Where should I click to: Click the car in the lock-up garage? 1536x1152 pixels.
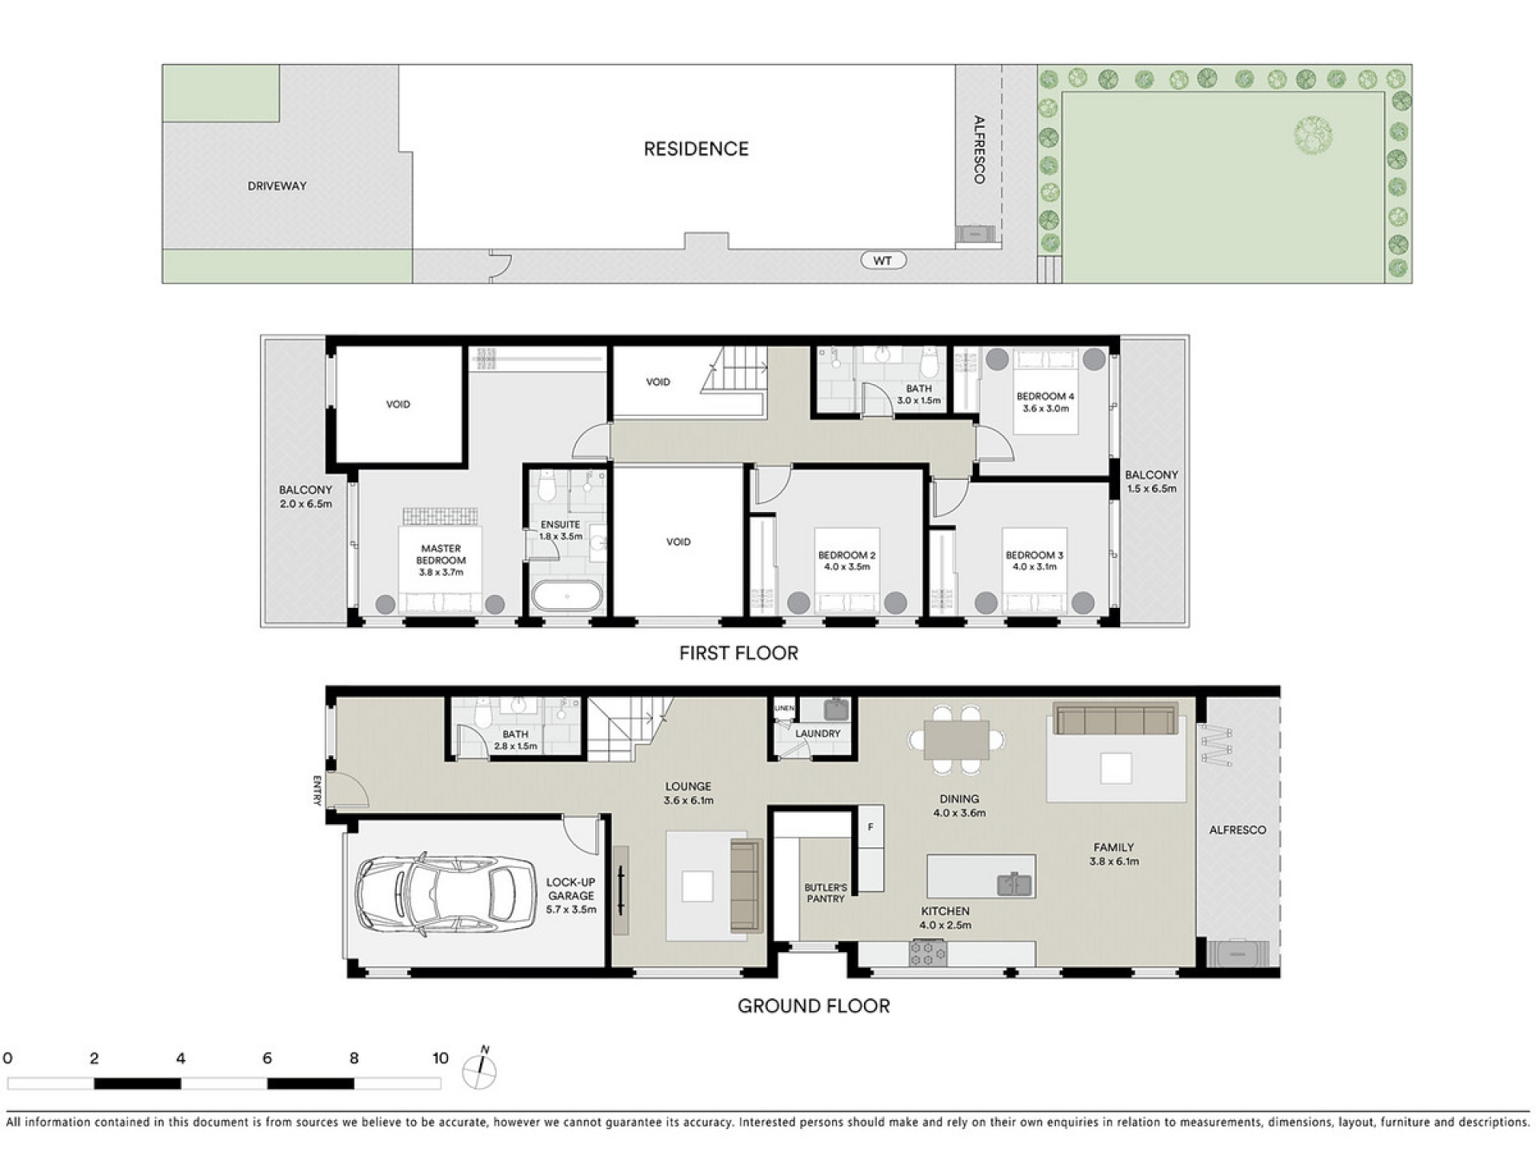click(x=446, y=895)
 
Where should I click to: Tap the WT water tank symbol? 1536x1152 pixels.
click(x=882, y=261)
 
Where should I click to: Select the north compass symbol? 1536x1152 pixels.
click(x=480, y=1070)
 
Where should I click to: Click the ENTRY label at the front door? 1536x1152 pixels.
click(x=318, y=790)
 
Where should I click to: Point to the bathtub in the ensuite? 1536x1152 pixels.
click(x=567, y=596)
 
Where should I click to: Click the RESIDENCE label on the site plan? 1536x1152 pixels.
click(x=696, y=149)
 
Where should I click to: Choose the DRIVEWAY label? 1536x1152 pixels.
click(x=277, y=186)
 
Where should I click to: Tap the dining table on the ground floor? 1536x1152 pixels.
click(x=956, y=740)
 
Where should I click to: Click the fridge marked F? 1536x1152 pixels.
click(x=870, y=828)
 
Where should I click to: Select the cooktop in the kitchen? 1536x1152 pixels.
click(x=928, y=953)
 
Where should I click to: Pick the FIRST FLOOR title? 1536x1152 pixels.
click(x=738, y=654)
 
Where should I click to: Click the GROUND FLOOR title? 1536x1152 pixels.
click(x=814, y=1006)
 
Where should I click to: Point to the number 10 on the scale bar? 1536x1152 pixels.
click(x=440, y=1058)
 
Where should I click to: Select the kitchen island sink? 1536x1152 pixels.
click(x=1014, y=884)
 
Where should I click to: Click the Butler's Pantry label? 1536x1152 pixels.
click(x=826, y=893)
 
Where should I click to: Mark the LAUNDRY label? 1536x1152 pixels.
click(x=818, y=734)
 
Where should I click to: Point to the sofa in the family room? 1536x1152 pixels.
click(x=1116, y=718)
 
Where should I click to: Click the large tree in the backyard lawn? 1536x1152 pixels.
click(x=1313, y=135)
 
